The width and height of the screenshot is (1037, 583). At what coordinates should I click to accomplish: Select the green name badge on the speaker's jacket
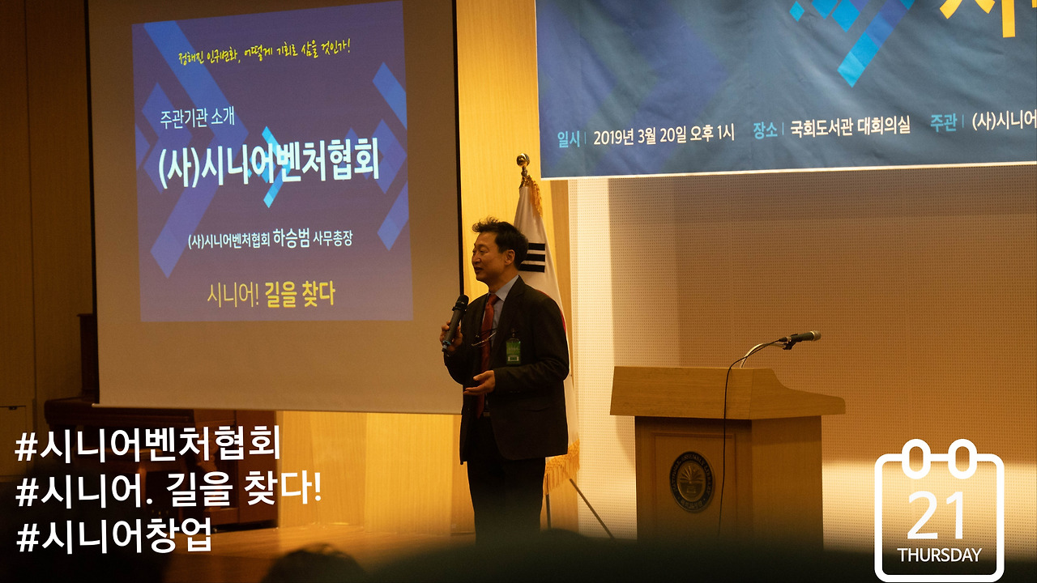click(513, 350)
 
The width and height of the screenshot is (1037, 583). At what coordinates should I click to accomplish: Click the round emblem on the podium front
click(691, 481)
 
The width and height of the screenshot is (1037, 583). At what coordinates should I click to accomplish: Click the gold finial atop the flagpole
click(523, 161)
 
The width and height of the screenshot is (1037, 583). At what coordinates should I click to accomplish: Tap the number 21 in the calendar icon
click(937, 515)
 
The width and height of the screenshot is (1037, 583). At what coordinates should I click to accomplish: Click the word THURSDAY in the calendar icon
click(939, 555)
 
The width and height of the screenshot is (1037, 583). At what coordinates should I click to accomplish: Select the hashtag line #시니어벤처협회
click(147, 446)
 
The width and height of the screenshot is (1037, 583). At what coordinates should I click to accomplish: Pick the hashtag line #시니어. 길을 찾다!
click(169, 491)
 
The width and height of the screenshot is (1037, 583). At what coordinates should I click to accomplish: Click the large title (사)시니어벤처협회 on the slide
click(269, 166)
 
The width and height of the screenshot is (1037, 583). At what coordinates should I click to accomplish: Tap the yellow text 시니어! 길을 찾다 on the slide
click(270, 295)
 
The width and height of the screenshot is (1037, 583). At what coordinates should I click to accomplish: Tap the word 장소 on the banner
click(764, 130)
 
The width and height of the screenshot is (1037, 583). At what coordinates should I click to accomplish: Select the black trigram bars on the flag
click(533, 257)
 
